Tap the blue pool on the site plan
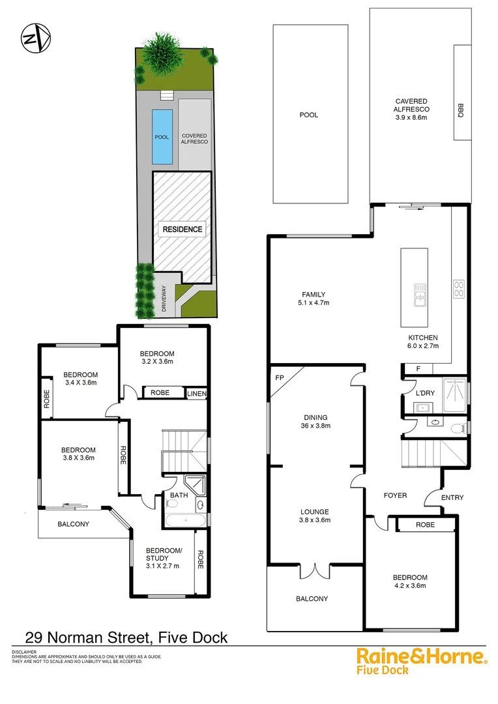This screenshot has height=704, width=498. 162,137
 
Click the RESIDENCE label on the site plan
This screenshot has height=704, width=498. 183,229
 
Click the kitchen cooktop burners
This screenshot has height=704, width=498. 458,288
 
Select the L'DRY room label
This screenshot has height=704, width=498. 415,395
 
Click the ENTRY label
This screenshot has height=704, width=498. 452,498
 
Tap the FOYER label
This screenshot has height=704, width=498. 395,495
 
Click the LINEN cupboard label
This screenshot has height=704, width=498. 196,393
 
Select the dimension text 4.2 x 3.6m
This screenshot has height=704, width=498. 410,586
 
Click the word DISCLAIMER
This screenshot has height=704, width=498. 24,651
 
